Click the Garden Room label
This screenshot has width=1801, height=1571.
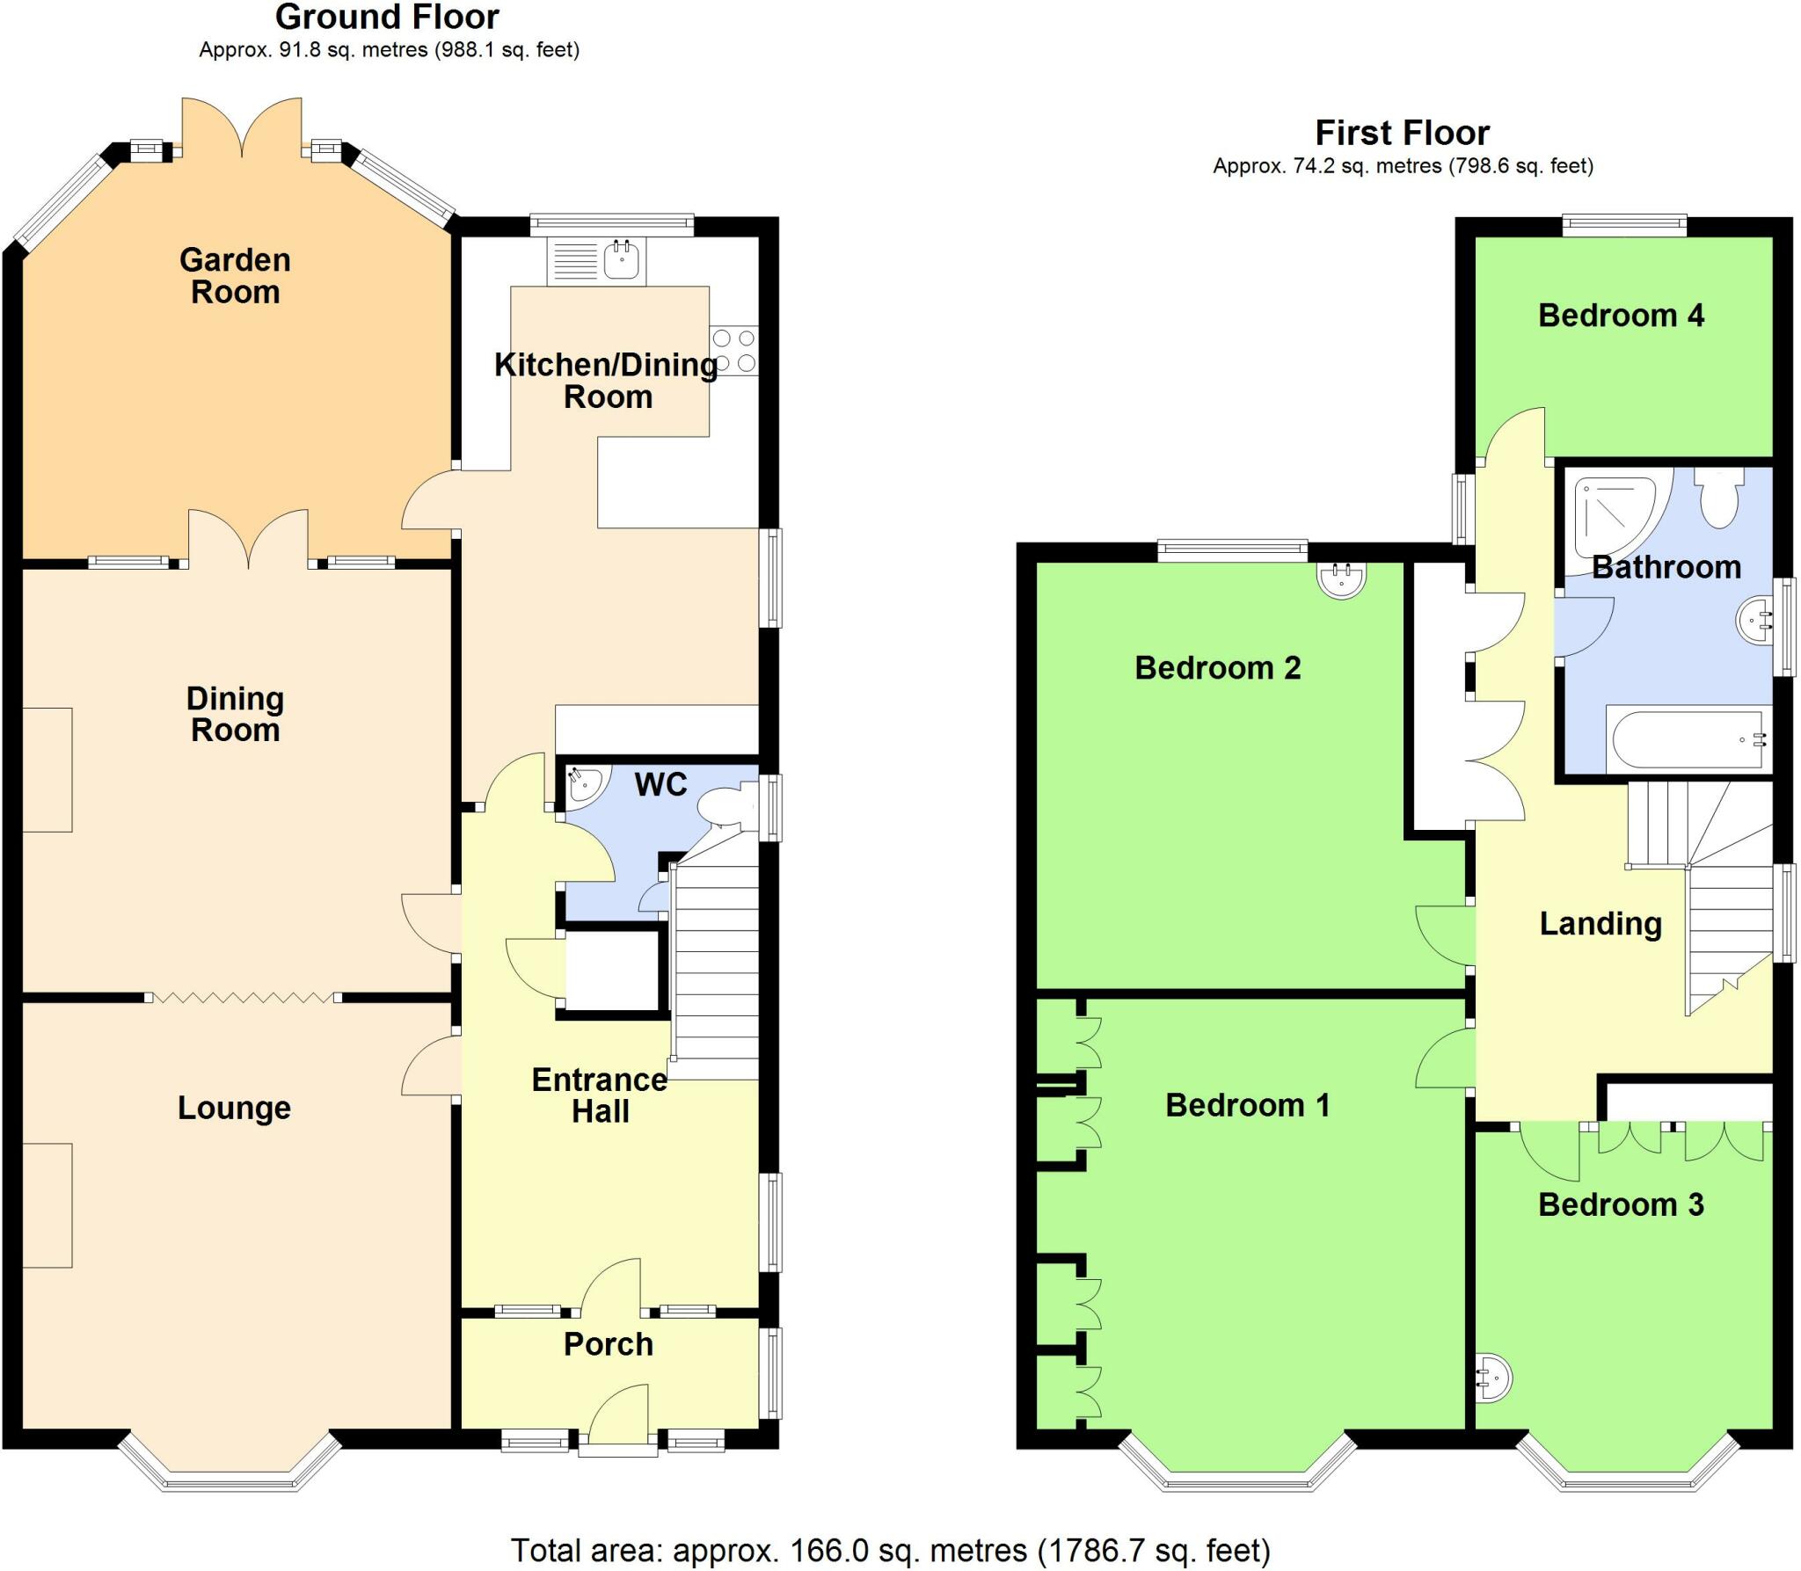tap(235, 275)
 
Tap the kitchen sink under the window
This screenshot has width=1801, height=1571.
tap(622, 260)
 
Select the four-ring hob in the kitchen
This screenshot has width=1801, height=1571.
tap(734, 351)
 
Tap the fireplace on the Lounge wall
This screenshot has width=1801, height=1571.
tap(47, 1204)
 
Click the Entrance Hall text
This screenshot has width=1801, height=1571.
tap(600, 1095)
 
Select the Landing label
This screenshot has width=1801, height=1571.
tap(1600, 923)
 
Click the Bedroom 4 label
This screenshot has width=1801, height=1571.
tap(1621, 315)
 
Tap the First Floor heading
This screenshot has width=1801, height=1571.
tap(1402, 133)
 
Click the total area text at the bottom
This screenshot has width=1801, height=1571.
tap(890, 1550)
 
